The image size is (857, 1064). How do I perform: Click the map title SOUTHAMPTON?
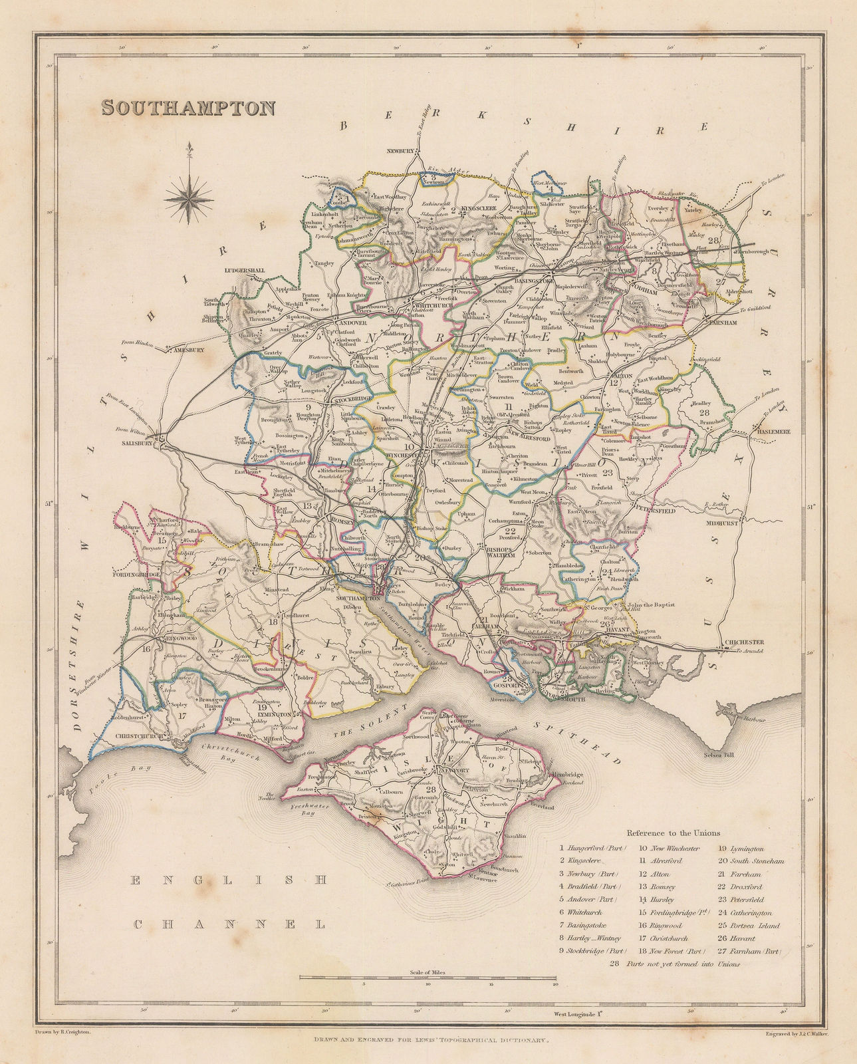188,108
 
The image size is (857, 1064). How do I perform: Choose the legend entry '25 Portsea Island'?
749,925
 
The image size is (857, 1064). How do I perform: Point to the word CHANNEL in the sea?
230,924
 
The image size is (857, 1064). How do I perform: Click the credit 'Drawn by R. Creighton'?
61,1032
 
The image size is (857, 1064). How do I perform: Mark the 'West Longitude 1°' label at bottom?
578,1014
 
